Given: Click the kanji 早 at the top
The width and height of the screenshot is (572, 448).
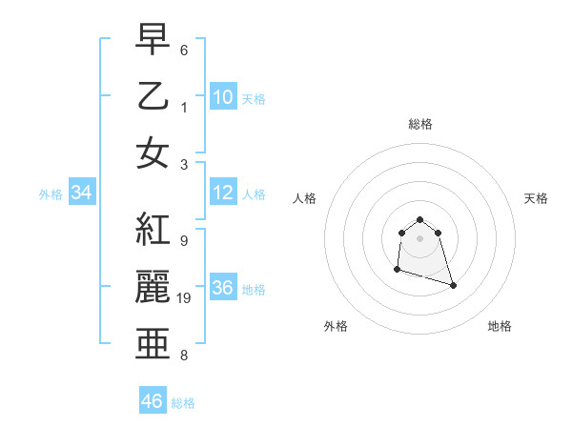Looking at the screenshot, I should (x=153, y=41).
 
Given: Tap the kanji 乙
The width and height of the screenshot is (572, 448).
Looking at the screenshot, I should (x=153, y=96).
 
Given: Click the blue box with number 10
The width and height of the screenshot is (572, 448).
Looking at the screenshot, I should (x=222, y=96).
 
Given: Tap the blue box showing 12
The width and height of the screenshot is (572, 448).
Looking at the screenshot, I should (x=222, y=193).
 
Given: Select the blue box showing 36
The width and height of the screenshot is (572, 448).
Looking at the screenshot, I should (x=222, y=288).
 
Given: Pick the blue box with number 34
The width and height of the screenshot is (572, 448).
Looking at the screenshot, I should (x=82, y=193).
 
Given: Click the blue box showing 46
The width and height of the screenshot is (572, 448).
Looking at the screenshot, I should (x=153, y=400).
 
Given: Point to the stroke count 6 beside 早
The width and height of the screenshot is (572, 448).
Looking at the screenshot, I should (x=184, y=49).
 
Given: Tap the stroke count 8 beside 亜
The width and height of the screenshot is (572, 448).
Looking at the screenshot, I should (x=184, y=356).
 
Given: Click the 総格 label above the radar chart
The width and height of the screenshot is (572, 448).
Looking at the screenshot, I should (x=420, y=124).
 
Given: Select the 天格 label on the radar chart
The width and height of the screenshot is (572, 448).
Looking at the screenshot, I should (x=537, y=198).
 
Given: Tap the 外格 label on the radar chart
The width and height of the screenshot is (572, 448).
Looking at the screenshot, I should (x=336, y=326).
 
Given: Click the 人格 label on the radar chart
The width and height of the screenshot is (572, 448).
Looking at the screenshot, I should (x=305, y=198).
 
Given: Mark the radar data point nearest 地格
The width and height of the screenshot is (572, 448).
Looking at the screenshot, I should (x=453, y=285).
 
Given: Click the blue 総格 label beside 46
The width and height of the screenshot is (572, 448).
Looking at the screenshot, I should (x=183, y=403).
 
